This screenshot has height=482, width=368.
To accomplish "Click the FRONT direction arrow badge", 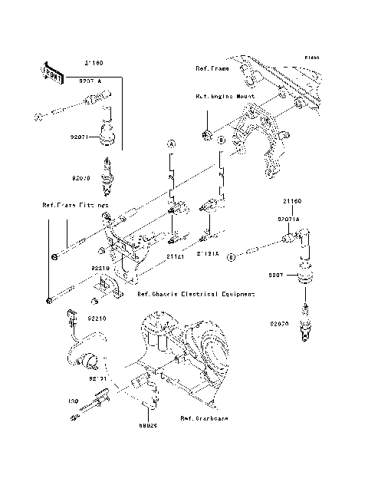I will pyautogui.click(x=51, y=73).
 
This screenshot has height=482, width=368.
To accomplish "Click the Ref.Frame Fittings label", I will pyautogui.click(x=74, y=207).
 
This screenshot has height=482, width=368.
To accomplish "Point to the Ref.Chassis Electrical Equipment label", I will pyautogui.click(x=195, y=294).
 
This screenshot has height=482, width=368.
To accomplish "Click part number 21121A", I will pyautogui.click(x=207, y=253).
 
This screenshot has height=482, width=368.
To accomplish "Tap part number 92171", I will pyautogui.click(x=96, y=378).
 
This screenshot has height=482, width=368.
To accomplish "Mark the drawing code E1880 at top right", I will pyautogui.click(x=310, y=58).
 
